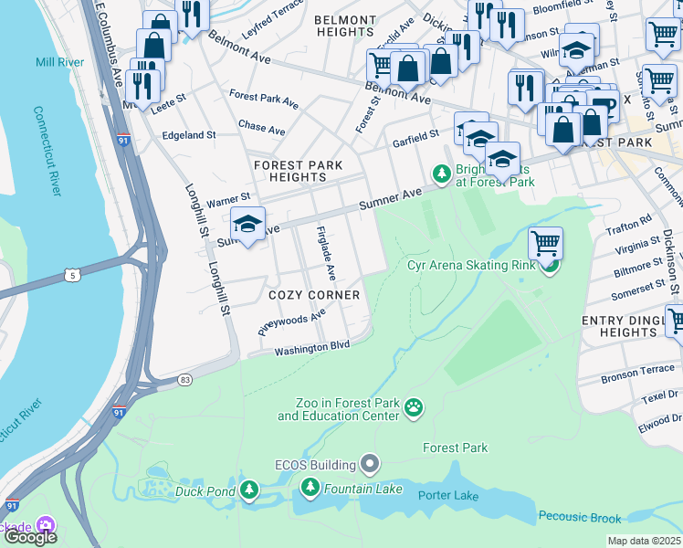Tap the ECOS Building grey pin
370,465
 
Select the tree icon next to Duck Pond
249,490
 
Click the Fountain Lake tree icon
309,490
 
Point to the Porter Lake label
448,495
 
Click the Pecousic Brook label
580,518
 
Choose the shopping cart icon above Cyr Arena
545,243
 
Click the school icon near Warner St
247,223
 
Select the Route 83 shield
185,378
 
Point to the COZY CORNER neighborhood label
313,296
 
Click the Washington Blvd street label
312,349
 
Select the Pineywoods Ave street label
291,322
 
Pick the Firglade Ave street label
326,253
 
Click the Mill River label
59,62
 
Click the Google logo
29,536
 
